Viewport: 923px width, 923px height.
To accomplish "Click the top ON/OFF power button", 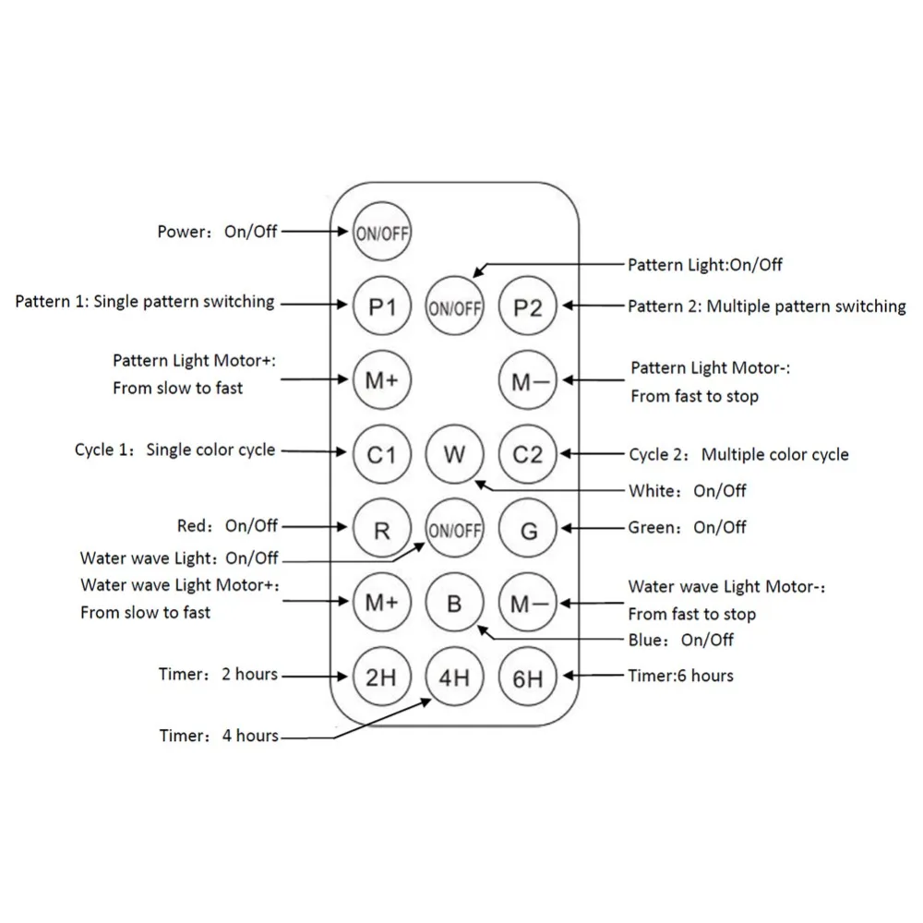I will point(381,232).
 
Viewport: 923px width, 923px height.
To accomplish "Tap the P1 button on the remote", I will point(381,306).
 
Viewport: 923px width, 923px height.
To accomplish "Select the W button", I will point(454,454).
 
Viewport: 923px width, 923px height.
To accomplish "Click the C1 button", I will point(381,454).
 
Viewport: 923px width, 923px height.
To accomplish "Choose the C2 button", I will point(528,454).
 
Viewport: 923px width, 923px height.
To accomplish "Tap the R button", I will point(381,529).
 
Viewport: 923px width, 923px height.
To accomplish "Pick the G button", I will point(528,529).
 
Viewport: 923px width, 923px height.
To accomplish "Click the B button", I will point(454,604).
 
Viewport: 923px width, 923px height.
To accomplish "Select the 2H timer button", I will point(381,677).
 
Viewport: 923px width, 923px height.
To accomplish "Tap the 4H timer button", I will point(454,677).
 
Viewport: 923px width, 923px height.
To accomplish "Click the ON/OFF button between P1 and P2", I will point(454,307).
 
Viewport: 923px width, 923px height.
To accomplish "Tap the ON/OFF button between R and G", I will point(454,529).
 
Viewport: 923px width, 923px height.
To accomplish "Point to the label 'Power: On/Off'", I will point(217,231).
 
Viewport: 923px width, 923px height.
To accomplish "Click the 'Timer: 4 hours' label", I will point(218,736).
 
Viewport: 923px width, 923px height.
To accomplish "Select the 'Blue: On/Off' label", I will point(681,639).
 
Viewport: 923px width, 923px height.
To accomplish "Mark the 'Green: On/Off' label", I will point(688,527).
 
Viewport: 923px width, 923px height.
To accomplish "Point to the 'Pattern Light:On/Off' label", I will point(705,265).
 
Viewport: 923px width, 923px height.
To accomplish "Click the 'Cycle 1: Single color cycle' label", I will point(174,450).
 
